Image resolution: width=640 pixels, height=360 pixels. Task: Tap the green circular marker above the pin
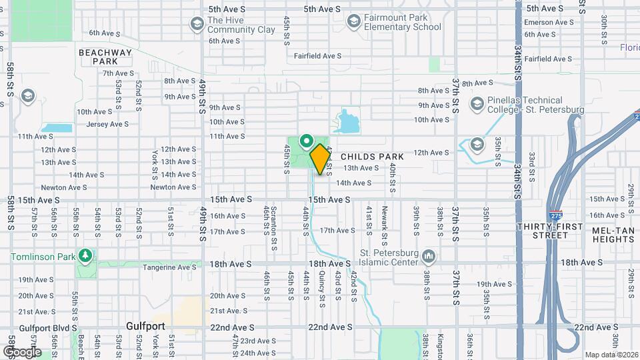click(306, 141)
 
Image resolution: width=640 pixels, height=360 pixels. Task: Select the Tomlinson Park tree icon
click(85, 255)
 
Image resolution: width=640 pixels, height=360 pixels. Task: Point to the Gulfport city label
click(145, 326)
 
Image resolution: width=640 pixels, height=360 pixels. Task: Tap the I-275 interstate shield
click(555, 216)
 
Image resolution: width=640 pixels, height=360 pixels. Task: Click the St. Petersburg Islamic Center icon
click(429, 256)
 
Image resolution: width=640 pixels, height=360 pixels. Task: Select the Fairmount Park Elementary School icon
click(353, 22)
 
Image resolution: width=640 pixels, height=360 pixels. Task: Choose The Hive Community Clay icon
click(196, 25)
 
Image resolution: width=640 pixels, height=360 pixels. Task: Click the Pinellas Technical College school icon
click(477, 104)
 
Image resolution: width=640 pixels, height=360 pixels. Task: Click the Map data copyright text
click(611, 355)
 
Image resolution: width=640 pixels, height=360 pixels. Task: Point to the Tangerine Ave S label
click(171, 267)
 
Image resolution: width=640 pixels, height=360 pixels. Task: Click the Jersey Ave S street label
click(107, 124)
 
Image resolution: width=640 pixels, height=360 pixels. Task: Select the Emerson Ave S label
click(548, 22)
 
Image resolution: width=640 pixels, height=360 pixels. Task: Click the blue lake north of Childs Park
click(347, 122)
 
